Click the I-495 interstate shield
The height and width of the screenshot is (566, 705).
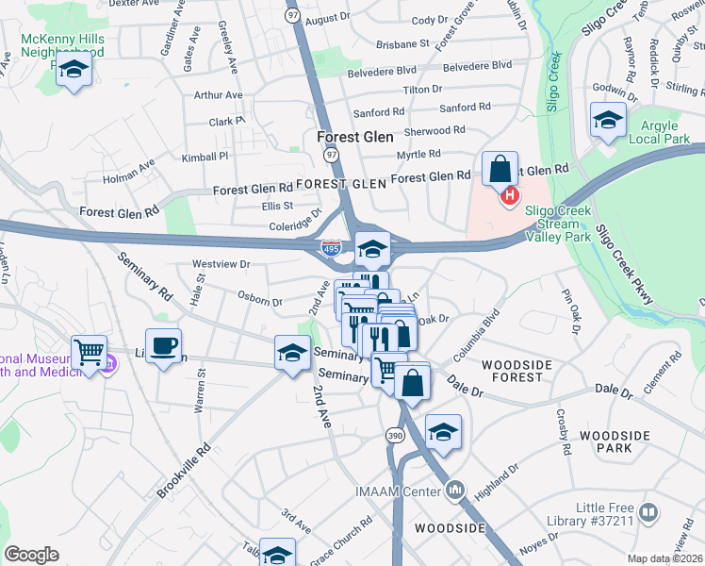[330, 249]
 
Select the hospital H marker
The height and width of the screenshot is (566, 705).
[510, 196]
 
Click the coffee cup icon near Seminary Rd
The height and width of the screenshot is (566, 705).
[163, 345]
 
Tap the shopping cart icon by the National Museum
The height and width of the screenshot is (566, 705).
[89, 353]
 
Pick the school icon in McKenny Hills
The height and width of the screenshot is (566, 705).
[73, 70]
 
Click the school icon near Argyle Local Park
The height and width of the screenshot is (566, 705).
[609, 120]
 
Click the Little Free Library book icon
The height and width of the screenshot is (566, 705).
[648, 512]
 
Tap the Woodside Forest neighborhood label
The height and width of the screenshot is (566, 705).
[514, 370]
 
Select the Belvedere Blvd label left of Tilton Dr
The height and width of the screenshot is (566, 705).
[381, 69]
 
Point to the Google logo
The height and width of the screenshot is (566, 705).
[32, 554]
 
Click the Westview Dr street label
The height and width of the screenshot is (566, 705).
[221, 264]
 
